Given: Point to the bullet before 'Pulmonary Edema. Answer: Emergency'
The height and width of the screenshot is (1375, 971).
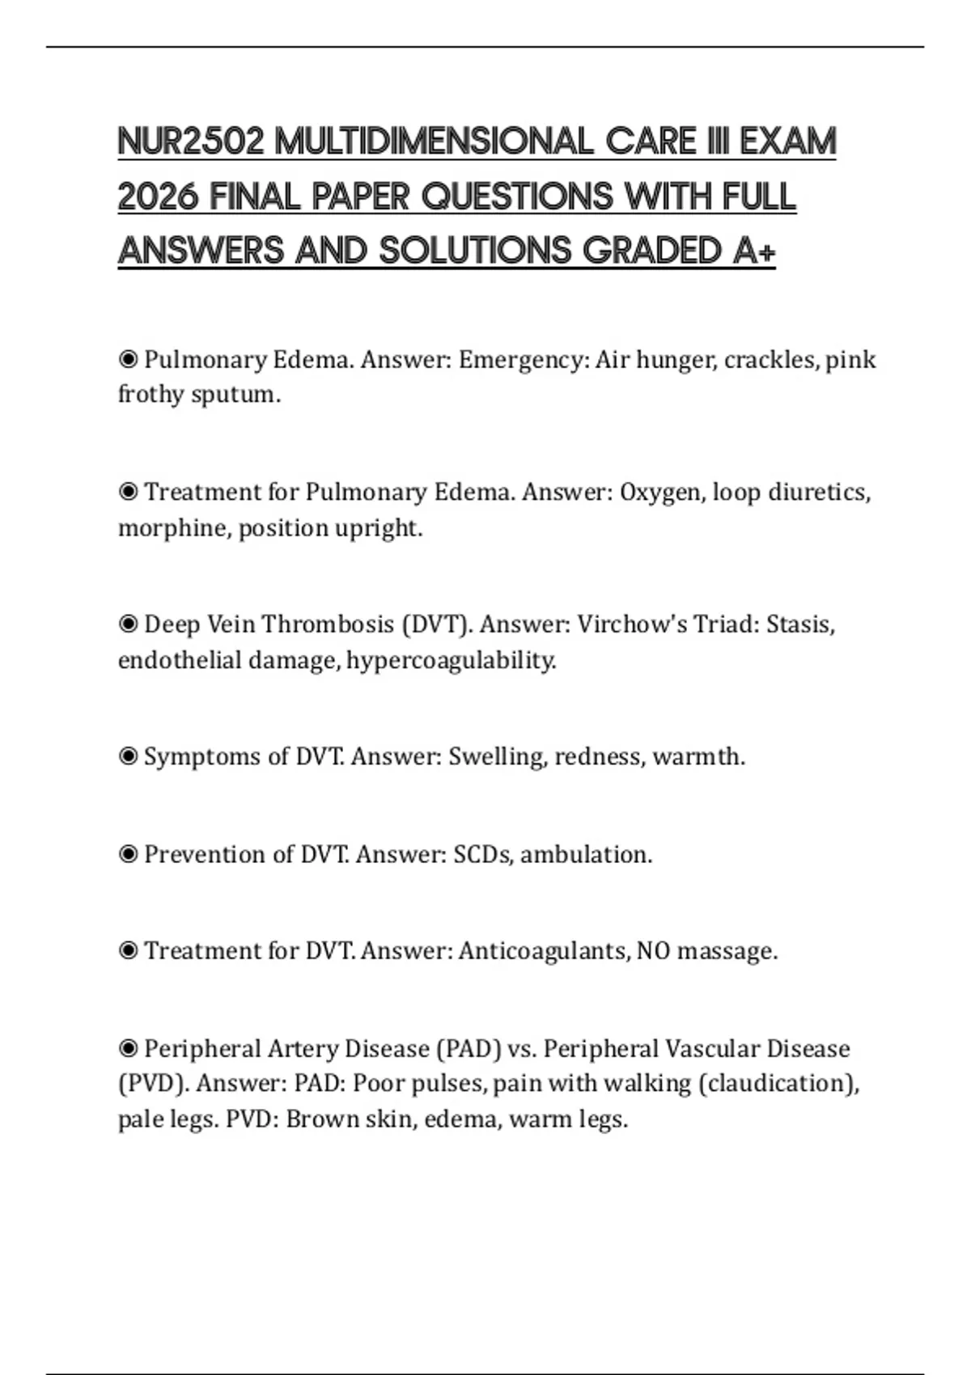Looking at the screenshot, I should (128, 359).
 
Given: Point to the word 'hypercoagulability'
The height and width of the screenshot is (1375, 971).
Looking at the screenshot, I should (451, 661).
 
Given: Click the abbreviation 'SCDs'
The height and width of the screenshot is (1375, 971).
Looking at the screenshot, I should (482, 855).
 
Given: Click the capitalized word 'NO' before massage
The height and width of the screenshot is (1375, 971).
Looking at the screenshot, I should (653, 951).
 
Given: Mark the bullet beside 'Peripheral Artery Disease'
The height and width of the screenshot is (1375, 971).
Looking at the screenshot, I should (128, 1049).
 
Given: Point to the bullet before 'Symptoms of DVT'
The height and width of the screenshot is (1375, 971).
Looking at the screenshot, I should (128, 757).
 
